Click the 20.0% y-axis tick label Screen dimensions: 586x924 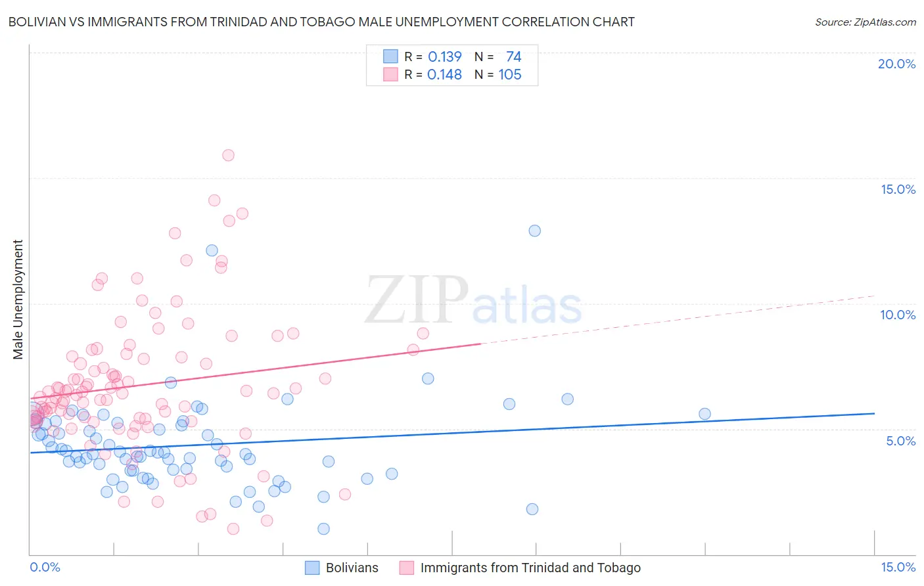[x=896, y=64]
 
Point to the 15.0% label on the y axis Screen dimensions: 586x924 [x=898, y=189]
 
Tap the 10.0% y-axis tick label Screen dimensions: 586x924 [x=898, y=315]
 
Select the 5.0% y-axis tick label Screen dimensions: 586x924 [x=900, y=441]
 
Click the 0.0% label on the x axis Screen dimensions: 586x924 [x=45, y=567]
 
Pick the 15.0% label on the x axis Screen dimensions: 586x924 [x=898, y=567]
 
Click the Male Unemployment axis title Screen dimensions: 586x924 [x=18, y=300]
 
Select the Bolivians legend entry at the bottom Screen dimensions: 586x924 [x=352, y=568]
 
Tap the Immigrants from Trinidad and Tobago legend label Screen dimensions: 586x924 [x=530, y=568]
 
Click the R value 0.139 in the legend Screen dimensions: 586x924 [x=444, y=56]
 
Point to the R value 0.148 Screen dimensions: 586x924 [x=444, y=75]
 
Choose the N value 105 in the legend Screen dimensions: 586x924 [x=509, y=75]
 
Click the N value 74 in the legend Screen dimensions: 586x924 [x=513, y=56]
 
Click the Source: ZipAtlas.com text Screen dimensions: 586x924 [x=865, y=22]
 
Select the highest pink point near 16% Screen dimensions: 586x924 [x=228, y=155]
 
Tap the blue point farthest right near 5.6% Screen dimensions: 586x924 [x=705, y=414]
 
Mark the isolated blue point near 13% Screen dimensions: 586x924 [x=534, y=231]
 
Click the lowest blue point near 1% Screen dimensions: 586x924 [x=323, y=529]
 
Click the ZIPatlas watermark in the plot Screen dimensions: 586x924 [x=473, y=302]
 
